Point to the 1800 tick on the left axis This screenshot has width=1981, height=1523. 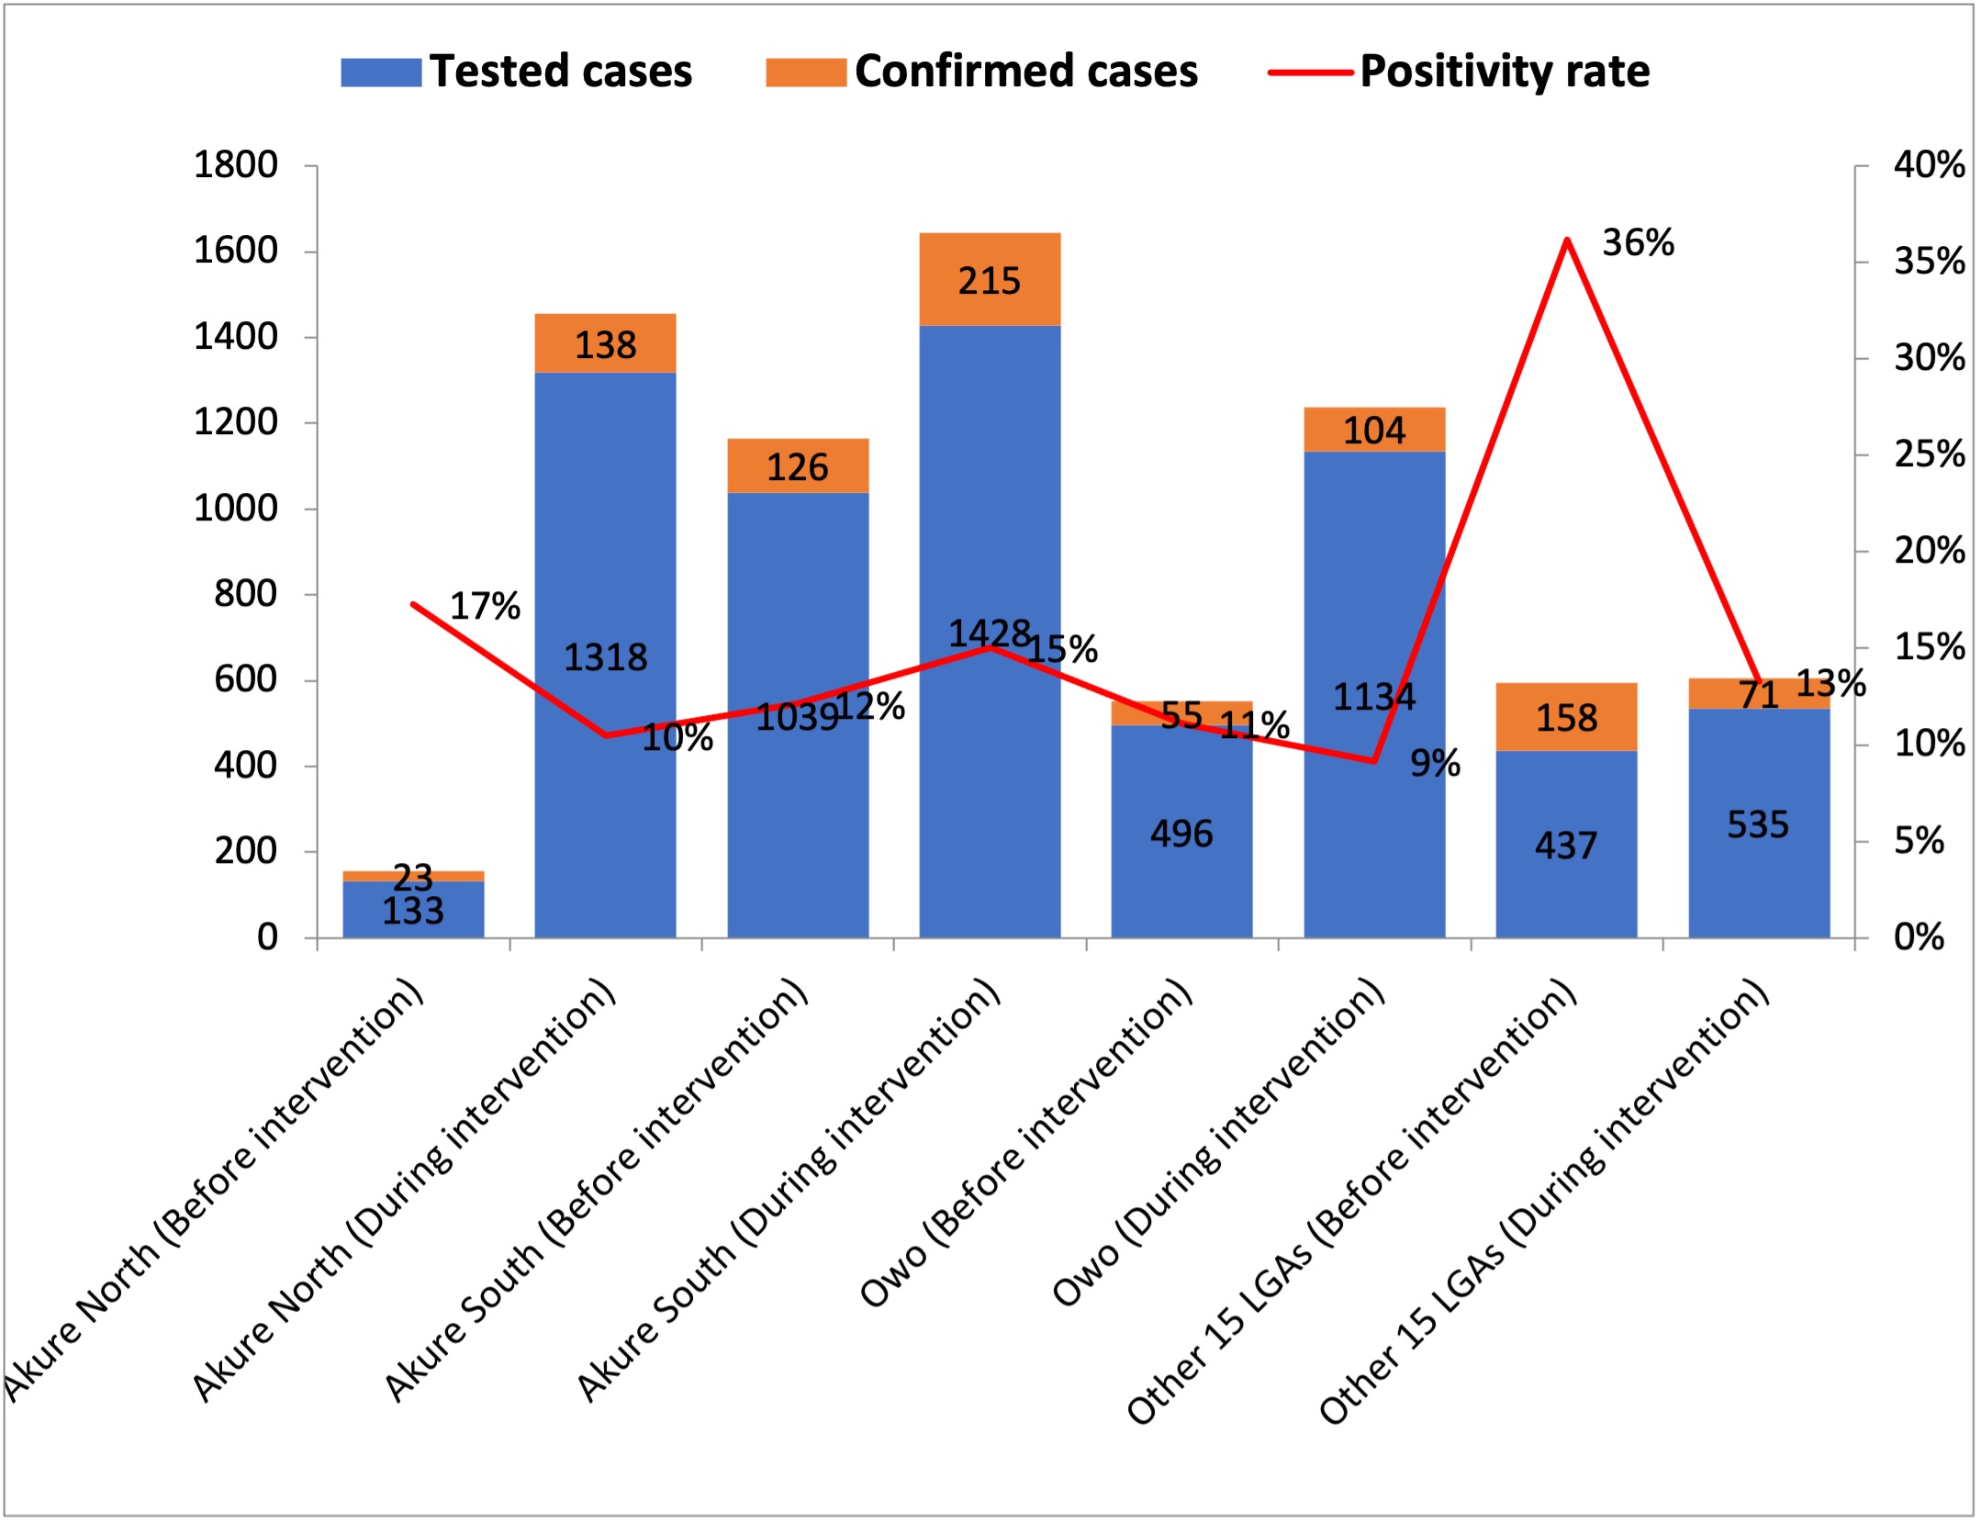point(235,165)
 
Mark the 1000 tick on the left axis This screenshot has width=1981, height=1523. point(235,509)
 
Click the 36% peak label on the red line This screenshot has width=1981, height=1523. point(1638,243)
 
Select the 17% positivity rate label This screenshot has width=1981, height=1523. point(485,606)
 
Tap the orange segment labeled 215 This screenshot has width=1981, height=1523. point(990,280)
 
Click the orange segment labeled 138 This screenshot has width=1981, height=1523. point(605,344)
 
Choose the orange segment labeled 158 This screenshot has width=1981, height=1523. point(1566,717)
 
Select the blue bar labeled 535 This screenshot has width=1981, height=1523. point(1758,823)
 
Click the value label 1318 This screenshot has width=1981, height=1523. point(605,657)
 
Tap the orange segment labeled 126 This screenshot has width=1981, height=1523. point(798,466)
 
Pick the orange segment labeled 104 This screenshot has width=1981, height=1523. point(1374,430)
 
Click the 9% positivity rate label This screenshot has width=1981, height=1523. point(1435,763)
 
